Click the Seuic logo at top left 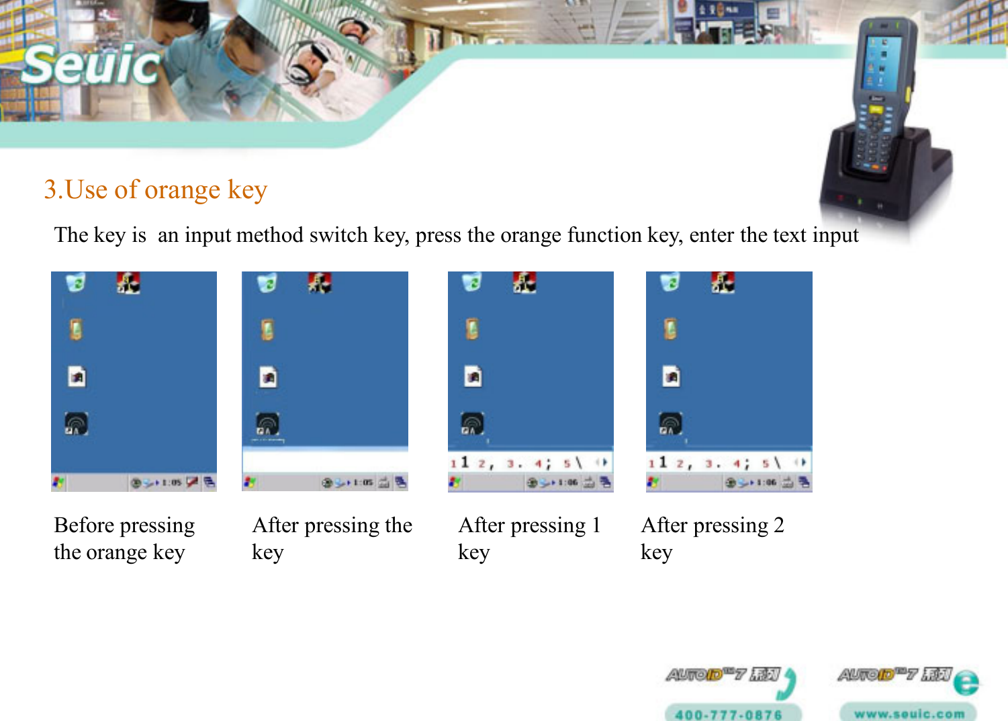pos(91,65)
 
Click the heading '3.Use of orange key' pos(155,190)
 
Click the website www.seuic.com pos(909,714)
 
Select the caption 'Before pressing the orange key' pos(124,538)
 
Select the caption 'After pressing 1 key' pos(529,538)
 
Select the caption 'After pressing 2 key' pos(712,538)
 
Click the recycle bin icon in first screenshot pos(76,283)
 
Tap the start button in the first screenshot pos(58,482)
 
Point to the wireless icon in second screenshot pos(267,424)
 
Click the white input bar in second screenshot pos(324,461)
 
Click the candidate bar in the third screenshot pos(530,462)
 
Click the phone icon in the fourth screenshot pos(670,329)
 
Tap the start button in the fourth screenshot pos(653,482)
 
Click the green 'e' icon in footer pos(966,683)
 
